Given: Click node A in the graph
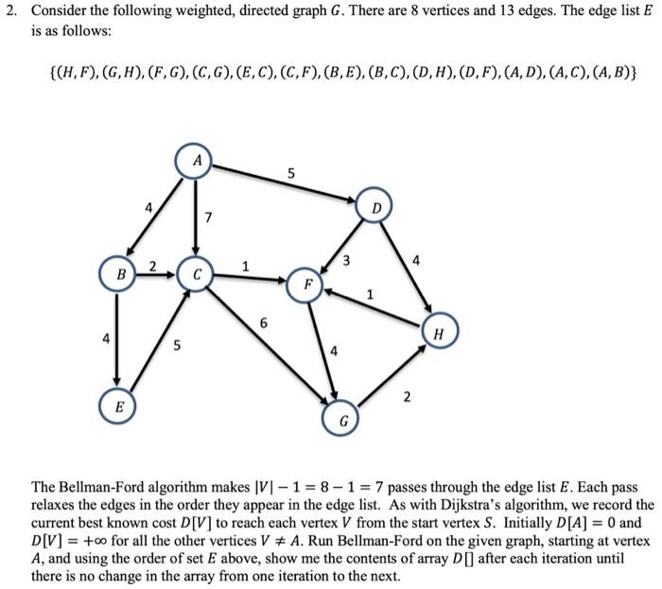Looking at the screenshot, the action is pos(195,162).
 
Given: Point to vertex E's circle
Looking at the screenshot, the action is pos(117,408).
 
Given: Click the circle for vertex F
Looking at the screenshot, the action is pos(306,284).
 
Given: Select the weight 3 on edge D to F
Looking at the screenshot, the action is pos(346,260).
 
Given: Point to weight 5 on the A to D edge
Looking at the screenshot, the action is pos(291,173).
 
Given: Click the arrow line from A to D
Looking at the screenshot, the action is pos(284,184).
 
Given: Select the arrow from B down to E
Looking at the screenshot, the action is pos(117,340).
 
